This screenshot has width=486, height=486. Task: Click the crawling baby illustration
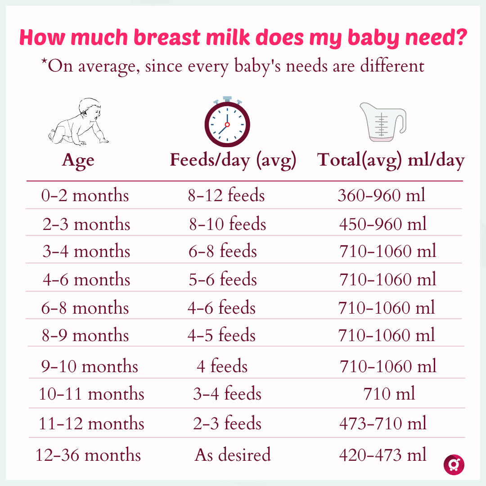pyautogui.click(x=79, y=122)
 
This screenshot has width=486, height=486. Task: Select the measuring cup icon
pyautogui.click(x=382, y=121)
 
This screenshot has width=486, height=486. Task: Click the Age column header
pyautogui.click(x=78, y=161)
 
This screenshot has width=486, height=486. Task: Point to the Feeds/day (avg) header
pyautogui.click(x=233, y=161)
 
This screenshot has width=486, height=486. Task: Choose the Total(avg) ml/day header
pyautogui.click(x=391, y=161)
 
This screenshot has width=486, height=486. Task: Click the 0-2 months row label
pyautogui.click(x=85, y=195)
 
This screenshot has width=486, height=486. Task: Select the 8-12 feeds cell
pyautogui.click(x=226, y=195)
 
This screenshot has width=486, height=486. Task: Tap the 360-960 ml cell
pyautogui.click(x=381, y=195)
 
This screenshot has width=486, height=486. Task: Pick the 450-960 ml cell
pyautogui.click(x=382, y=224)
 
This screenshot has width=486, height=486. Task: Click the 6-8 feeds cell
pyautogui.click(x=223, y=251)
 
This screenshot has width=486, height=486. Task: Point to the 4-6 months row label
pyautogui.click(x=86, y=279)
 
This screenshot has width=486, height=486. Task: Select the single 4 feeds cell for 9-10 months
pyautogui.click(x=222, y=366)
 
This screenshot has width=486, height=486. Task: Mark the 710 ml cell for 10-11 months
pyautogui.click(x=389, y=394)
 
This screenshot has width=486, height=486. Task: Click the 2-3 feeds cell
pyautogui.click(x=227, y=423)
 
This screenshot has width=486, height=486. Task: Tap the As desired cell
pyautogui.click(x=233, y=455)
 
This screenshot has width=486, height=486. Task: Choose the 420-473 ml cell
pyautogui.click(x=382, y=455)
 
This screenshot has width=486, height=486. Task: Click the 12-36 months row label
pyautogui.click(x=88, y=455)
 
